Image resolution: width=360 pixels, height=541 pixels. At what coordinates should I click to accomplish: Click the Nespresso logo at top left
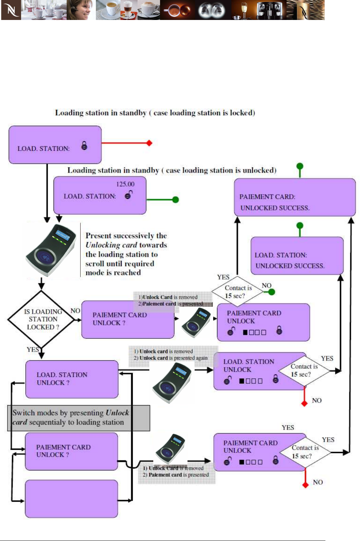point(11,10)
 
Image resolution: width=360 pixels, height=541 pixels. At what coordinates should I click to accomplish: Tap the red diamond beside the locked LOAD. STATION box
point(149,143)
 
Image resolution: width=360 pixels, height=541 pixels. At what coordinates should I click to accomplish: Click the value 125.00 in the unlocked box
point(125,184)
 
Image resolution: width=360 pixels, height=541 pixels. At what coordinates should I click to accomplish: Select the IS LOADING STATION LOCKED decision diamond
point(42,319)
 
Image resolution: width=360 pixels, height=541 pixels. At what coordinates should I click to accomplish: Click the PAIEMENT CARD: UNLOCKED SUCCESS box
point(294,197)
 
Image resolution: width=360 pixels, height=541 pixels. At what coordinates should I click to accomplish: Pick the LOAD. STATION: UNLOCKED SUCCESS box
point(297,256)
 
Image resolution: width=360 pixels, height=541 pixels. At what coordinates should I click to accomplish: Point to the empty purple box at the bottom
point(71,499)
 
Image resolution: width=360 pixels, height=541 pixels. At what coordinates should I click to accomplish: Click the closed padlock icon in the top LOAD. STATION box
point(84,146)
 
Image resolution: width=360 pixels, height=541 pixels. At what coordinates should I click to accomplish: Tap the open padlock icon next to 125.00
point(129,195)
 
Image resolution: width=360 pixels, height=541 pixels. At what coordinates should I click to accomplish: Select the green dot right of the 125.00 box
point(175,200)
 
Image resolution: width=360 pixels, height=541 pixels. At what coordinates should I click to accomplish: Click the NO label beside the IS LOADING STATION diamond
point(75,311)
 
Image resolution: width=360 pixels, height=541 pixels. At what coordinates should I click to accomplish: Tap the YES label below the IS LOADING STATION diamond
point(32,349)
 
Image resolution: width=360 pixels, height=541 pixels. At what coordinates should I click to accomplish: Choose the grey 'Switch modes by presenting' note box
point(78,418)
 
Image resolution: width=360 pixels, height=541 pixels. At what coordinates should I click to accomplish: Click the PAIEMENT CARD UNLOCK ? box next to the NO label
point(128,320)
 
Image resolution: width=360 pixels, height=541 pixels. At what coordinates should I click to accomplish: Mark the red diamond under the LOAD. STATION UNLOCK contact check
point(304,403)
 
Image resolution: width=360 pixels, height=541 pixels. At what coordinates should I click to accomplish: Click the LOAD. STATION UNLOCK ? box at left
point(72,379)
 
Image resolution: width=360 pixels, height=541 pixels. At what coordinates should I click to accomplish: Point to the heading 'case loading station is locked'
point(155,113)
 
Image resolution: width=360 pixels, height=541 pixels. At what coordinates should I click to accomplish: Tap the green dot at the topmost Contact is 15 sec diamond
point(272,292)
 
